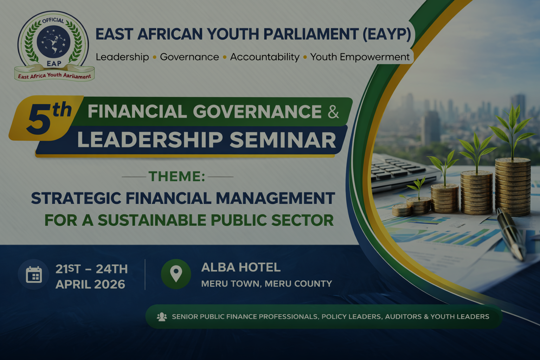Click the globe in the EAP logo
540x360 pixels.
53,41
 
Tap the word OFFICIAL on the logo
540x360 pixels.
53,21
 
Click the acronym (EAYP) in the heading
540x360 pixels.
387,34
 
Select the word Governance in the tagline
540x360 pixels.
189,57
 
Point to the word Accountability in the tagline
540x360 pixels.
265,57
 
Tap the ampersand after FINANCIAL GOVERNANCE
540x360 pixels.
333,112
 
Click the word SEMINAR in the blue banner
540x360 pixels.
283,140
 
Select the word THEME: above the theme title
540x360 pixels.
177,176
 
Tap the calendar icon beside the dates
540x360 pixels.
34,275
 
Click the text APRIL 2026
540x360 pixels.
90,284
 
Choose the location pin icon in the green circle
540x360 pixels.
176,274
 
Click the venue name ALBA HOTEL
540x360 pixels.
241,268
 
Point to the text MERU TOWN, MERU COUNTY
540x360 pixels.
266,284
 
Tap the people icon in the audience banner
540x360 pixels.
162,317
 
